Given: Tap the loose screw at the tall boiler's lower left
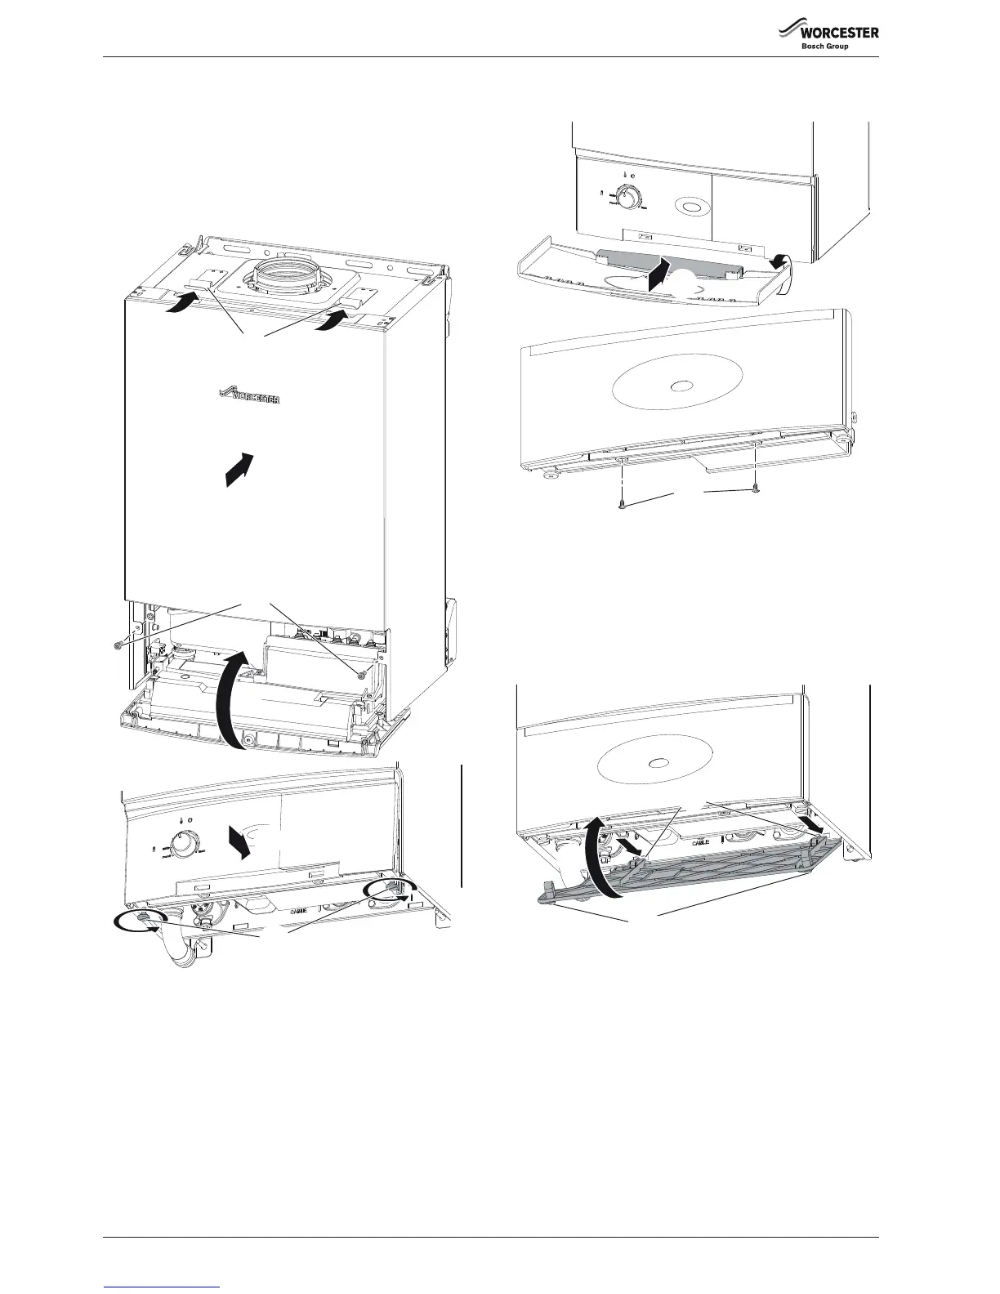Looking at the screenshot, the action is point(118,645).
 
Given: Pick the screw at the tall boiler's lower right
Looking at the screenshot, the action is point(359,673).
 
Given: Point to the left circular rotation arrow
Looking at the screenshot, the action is point(136,921).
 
